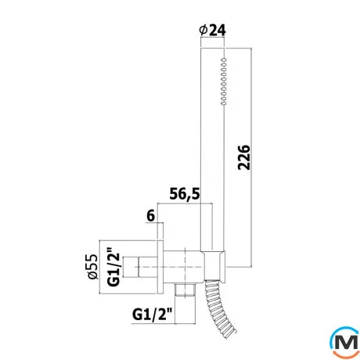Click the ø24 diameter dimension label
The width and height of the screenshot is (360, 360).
[x=212, y=31]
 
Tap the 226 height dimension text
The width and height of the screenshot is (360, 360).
[x=244, y=157]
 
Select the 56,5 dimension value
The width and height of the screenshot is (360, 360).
[x=185, y=193]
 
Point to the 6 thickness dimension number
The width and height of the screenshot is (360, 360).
[x=151, y=216]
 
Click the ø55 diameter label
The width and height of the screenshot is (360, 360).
[x=93, y=266]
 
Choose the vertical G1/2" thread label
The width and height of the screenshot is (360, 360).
[x=113, y=268]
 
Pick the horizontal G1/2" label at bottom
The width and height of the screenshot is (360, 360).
[x=153, y=314]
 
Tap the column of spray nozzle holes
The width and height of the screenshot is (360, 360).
[x=224, y=81]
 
